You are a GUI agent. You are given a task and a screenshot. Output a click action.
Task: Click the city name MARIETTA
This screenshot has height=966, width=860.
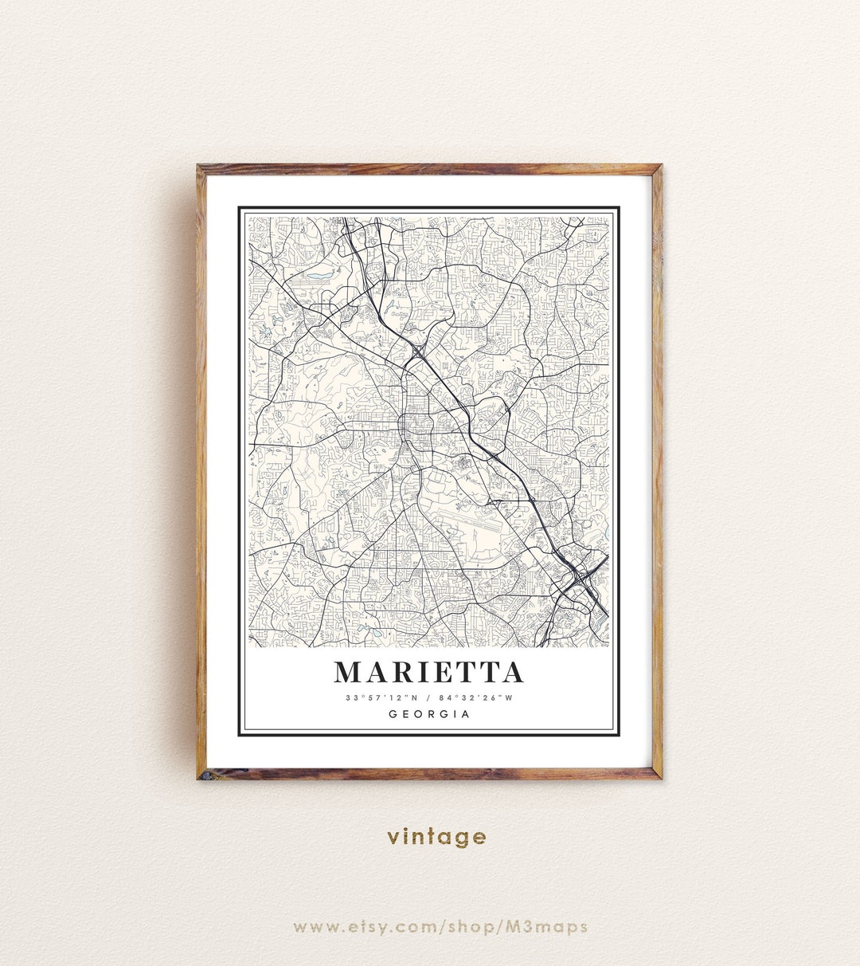pyautogui.click(x=429, y=673)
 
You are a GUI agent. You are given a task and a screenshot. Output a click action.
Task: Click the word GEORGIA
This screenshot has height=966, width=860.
pyautogui.click(x=429, y=714)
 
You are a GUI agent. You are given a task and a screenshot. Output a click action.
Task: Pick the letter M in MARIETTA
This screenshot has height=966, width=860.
pyautogui.click(x=348, y=673)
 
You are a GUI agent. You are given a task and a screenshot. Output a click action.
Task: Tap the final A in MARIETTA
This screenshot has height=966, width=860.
pyautogui.click(x=513, y=673)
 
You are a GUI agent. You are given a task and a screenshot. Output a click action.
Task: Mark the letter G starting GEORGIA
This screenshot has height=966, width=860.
pyautogui.click(x=393, y=714)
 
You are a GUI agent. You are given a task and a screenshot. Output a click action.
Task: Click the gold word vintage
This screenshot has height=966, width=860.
pyautogui.click(x=436, y=836)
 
